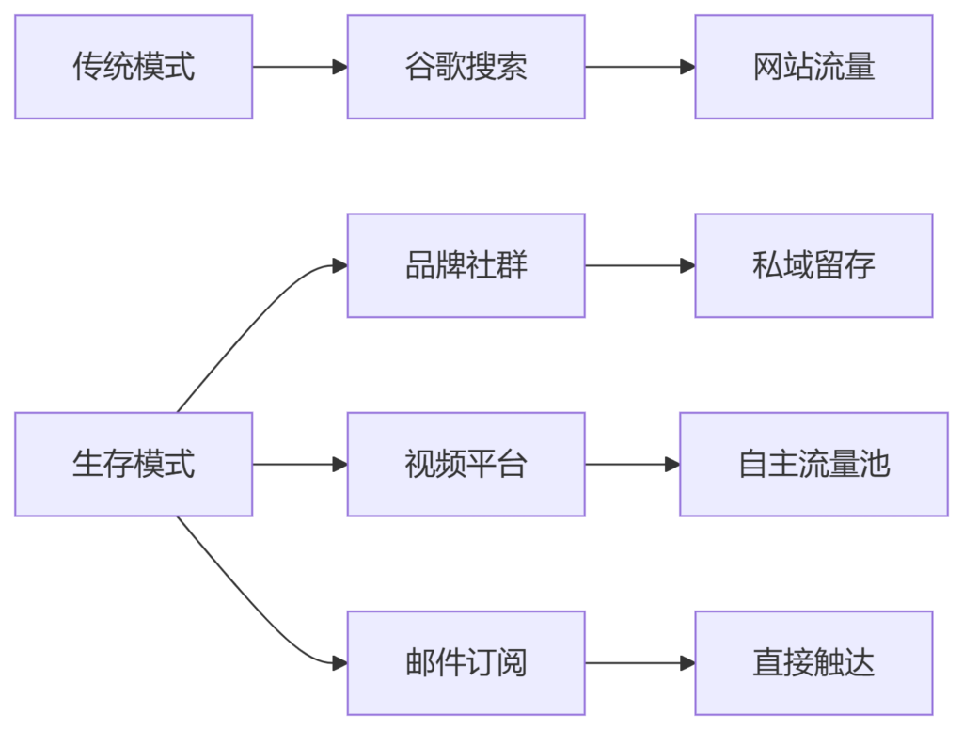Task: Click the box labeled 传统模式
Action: pos(134,67)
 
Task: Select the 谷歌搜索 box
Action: pos(466,67)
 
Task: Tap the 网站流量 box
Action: pos(813,67)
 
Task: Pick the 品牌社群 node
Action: pos(466,265)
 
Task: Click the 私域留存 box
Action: pos(813,265)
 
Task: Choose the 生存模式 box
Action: pos(134,464)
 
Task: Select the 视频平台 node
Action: pos(466,464)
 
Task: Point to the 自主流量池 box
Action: pos(813,464)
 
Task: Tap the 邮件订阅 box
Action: pos(466,662)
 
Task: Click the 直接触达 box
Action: pos(813,662)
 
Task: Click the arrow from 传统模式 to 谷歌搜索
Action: pos(299,67)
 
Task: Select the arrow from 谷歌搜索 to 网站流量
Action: pos(639,67)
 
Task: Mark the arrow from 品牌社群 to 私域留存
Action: pos(639,265)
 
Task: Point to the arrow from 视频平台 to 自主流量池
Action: pos(632,464)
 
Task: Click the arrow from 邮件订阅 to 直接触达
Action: pos(639,662)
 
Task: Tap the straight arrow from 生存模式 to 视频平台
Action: pos(299,464)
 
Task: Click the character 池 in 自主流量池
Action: pos(875,464)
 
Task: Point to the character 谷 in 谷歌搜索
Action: pos(419,67)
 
